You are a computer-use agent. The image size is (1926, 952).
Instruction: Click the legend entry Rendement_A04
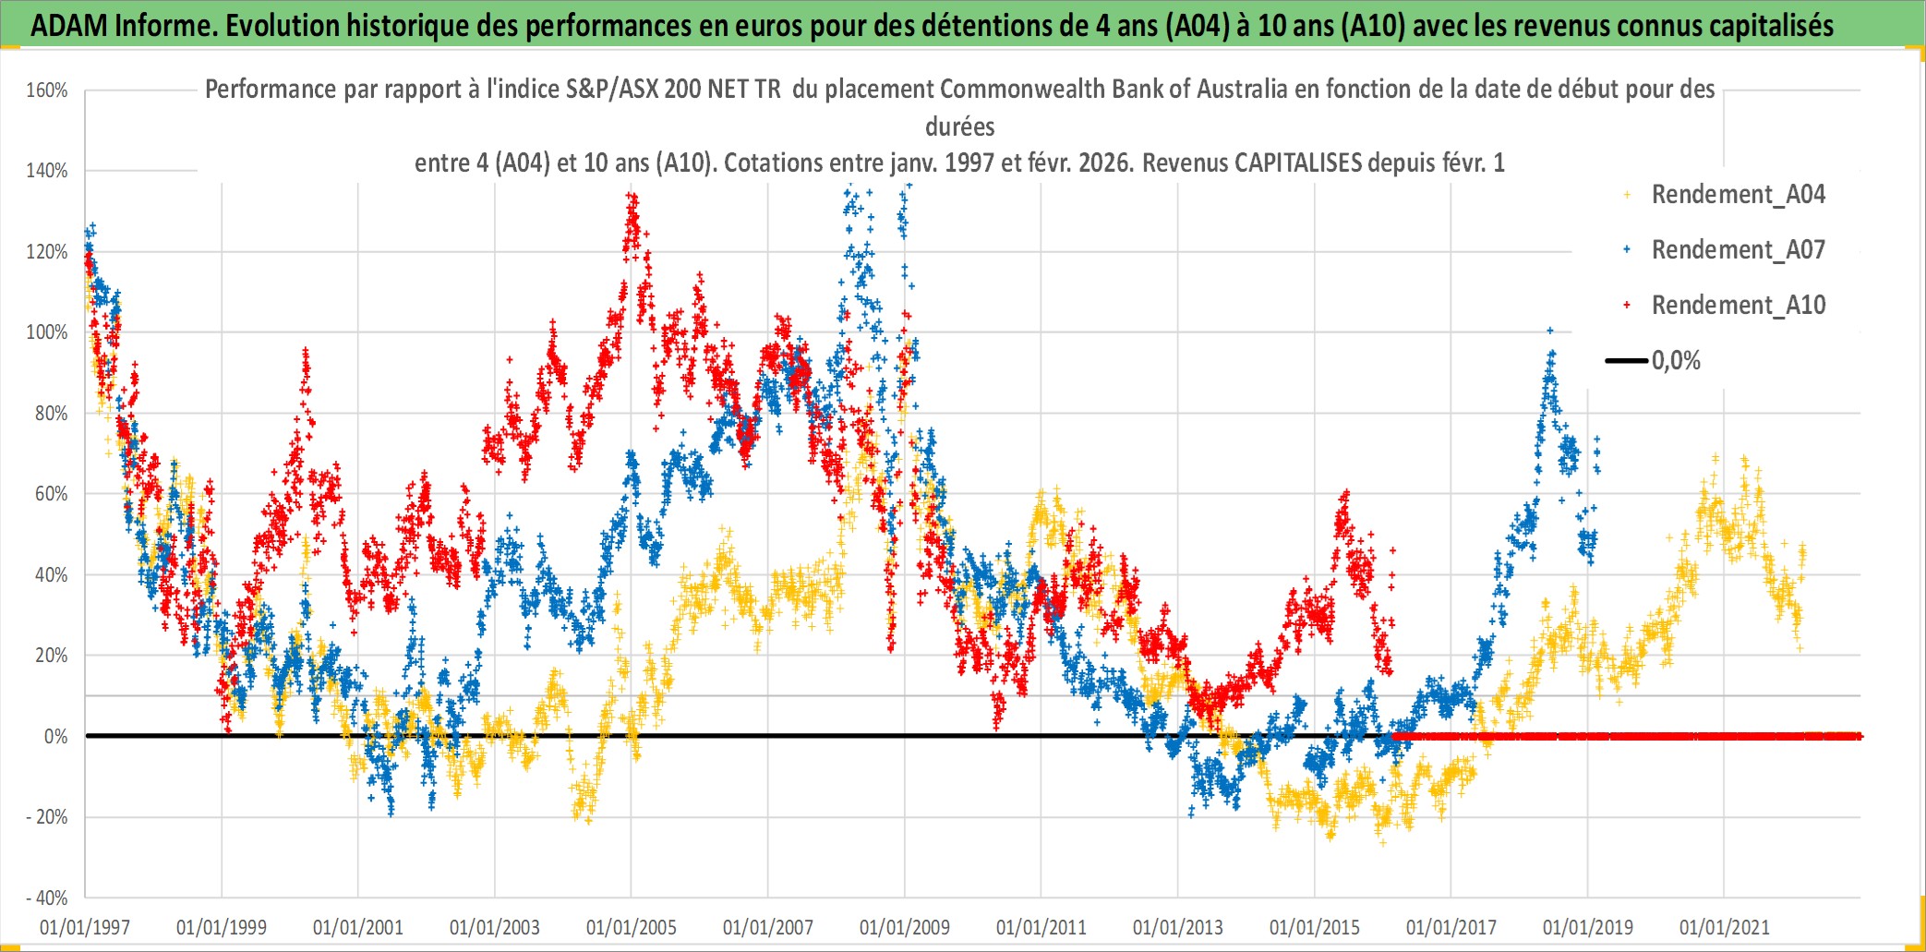point(1738,195)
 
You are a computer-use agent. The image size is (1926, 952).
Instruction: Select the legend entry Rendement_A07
point(1738,250)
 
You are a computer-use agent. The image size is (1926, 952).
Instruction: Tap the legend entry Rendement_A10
point(1738,306)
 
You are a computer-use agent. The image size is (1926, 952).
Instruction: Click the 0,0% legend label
point(1676,361)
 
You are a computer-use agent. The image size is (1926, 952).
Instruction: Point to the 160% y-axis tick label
point(47,90)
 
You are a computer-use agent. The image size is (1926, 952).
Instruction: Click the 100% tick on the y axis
point(47,332)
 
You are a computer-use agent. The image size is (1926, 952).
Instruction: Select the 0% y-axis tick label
point(55,737)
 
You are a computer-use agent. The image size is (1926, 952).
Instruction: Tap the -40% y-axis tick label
point(47,898)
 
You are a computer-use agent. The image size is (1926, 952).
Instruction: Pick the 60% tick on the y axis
point(51,494)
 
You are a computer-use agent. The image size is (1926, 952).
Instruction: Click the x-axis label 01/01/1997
point(85,927)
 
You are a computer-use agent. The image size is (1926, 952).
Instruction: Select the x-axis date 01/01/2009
point(904,927)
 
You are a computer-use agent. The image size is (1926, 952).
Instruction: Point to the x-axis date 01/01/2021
point(1724,927)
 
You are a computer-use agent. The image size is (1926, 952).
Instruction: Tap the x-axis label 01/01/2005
point(632,927)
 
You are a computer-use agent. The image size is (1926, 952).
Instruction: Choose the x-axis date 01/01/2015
point(1314,927)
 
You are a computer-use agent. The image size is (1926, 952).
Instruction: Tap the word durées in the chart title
point(960,127)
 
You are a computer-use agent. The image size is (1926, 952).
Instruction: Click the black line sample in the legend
point(1627,361)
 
